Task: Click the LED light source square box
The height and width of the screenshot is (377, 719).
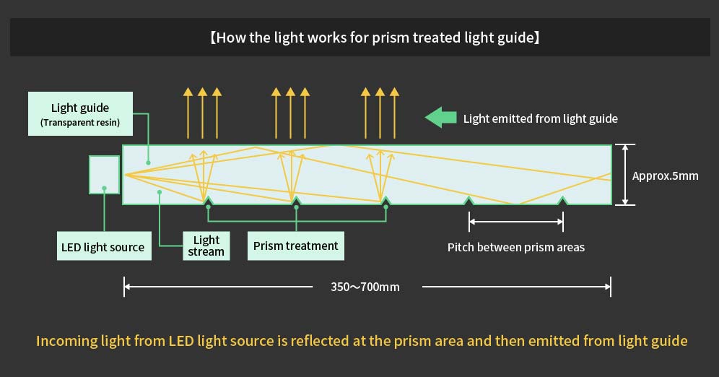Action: point(105,174)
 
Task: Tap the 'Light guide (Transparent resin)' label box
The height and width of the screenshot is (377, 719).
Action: point(80,115)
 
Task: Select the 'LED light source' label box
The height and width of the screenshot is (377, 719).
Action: point(103,247)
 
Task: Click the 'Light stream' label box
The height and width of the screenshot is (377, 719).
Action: point(206,246)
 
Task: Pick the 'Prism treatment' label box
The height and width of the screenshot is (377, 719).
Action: point(295,246)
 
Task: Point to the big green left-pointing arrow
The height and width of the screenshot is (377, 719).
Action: point(440,118)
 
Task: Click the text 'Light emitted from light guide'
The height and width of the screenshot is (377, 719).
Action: point(540,118)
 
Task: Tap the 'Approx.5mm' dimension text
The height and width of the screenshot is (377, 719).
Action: point(665,175)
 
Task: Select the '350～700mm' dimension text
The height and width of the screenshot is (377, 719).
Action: point(365,287)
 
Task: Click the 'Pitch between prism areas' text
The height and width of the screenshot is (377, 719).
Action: point(515,247)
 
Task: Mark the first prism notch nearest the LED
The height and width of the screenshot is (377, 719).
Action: point(208,200)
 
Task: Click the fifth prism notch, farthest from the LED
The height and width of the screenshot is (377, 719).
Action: point(562,200)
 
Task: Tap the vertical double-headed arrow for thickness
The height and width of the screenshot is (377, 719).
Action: point(624,175)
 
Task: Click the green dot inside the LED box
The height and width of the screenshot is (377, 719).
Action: point(105,188)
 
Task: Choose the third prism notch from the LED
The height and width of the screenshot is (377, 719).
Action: point(386,200)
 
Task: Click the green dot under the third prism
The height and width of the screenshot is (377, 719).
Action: point(386,207)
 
